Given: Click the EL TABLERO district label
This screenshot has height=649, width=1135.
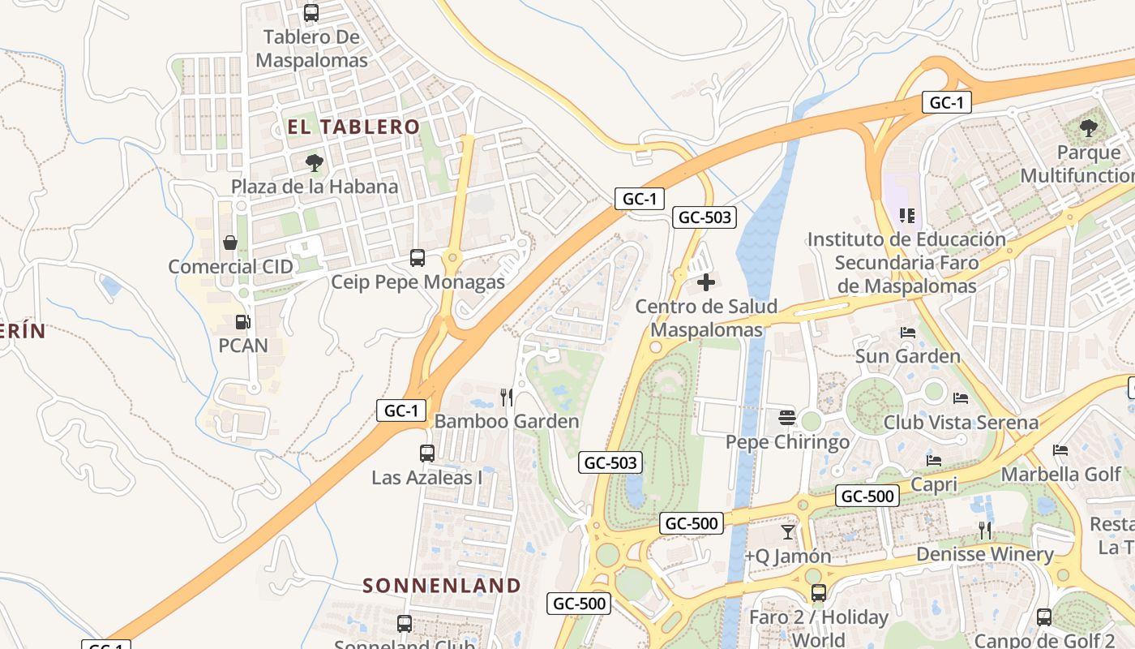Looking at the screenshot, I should pos(353,127).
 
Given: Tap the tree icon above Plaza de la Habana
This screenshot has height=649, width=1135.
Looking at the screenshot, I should pos(315,163).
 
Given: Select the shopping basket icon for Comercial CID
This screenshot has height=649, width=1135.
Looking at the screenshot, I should pos(230,243).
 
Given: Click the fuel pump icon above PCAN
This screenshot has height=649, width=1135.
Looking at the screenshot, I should pos(242,322).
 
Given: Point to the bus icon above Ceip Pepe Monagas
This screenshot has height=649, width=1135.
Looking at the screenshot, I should pos(418,258).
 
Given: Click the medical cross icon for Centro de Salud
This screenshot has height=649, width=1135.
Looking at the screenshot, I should pos(706,282).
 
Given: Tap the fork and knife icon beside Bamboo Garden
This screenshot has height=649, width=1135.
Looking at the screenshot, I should pos(507,397).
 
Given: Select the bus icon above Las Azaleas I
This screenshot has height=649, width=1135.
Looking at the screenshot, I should pos(427,453).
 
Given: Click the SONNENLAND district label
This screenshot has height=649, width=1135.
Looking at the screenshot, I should pos(442,585).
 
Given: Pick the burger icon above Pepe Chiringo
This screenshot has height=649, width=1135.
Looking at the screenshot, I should pos(787,418).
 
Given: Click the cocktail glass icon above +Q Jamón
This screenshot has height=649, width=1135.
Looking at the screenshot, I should pos(788,532).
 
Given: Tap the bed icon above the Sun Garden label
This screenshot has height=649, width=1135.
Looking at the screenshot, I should pos(908,333).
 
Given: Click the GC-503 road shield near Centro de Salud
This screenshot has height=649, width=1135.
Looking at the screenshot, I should pos(705,217).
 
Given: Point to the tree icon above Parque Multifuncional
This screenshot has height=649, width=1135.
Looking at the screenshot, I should pos(1088,128).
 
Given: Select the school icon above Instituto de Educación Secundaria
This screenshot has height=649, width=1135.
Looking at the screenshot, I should pos(907,216).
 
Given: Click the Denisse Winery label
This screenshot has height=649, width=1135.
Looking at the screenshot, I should pos(985,555).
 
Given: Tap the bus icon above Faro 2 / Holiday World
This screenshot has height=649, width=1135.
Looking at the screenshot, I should pos(819,593).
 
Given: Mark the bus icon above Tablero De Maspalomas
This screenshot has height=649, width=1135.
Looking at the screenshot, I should pos(311,13).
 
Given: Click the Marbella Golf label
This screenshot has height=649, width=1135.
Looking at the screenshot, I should pos(1061,474).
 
